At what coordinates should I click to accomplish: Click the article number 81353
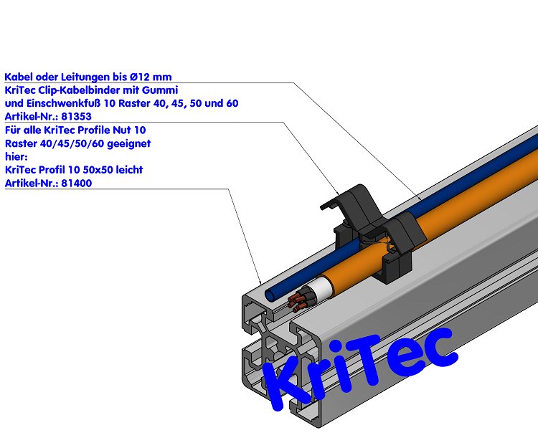click(76, 117)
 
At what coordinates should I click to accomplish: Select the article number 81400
click(77, 183)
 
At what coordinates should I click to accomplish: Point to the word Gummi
click(160, 90)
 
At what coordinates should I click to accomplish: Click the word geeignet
click(128, 144)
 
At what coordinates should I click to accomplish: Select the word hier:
click(16, 157)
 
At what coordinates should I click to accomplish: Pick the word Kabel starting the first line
click(19, 77)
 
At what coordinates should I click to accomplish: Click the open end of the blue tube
click(271, 295)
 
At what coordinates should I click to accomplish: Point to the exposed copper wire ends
click(297, 302)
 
